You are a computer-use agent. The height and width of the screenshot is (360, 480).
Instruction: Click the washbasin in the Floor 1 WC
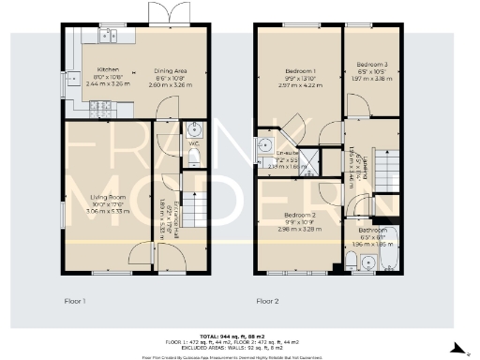click(194, 129)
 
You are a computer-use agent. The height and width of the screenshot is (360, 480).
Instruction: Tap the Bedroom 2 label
click(300, 215)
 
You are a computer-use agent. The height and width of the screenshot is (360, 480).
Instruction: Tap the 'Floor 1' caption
click(75, 301)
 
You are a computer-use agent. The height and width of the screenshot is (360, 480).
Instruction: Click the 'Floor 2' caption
click(268, 301)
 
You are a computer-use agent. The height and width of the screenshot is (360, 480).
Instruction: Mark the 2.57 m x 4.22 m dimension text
click(300, 83)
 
